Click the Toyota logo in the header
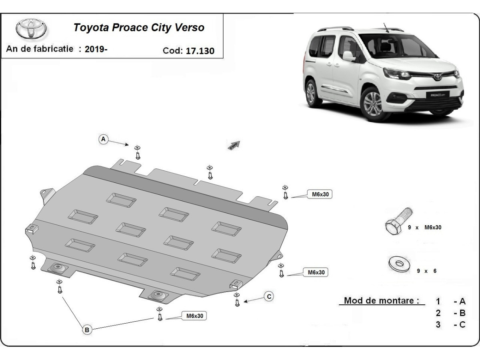click(31, 29)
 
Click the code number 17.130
click(200, 51)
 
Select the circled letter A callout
click(103, 139)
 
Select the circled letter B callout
click(87, 330)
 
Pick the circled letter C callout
click(269, 296)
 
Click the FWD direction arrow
click(234, 145)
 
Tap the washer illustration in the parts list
click(396, 264)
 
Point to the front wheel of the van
click(372, 105)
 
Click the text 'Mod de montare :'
click(382, 301)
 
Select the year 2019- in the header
click(96, 49)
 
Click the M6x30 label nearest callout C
click(194, 316)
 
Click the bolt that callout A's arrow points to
click(138, 153)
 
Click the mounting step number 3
click(438, 325)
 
